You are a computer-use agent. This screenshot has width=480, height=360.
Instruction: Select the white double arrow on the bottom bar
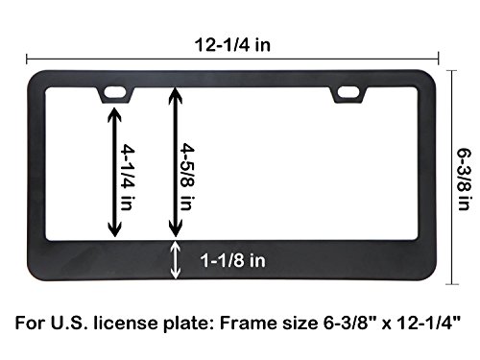coord(175,259)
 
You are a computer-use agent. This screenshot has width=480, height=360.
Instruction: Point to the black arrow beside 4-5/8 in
coord(175,159)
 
